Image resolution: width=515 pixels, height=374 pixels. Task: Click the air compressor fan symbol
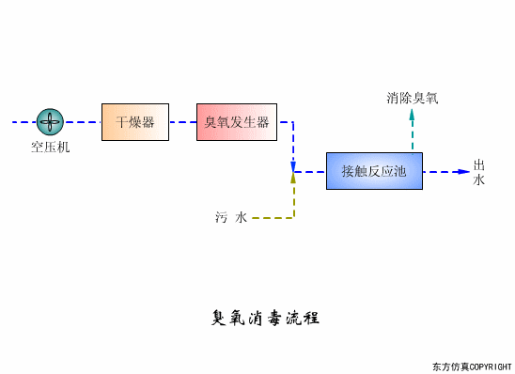click(50, 121)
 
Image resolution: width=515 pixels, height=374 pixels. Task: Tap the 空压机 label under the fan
click(50, 147)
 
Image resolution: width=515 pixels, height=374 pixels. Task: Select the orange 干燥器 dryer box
click(135, 122)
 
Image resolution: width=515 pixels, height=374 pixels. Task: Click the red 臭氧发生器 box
click(237, 122)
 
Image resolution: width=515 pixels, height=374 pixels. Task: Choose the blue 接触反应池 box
click(374, 171)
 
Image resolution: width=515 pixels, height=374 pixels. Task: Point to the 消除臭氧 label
click(412, 97)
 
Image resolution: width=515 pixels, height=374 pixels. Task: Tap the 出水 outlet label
click(479, 172)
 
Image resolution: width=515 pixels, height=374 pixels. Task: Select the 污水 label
click(230, 218)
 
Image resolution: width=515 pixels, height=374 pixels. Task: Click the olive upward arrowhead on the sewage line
click(293, 179)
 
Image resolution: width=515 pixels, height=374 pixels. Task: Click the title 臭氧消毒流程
click(266, 318)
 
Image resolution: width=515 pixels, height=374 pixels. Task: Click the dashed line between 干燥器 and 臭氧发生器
click(182, 122)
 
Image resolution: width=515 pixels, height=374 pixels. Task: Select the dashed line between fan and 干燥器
click(83, 122)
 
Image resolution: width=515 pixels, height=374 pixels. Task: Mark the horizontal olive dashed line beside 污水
click(273, 218)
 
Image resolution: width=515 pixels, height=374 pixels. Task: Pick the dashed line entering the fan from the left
click(23, 122)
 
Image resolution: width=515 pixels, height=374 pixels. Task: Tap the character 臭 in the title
click(219, 318)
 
